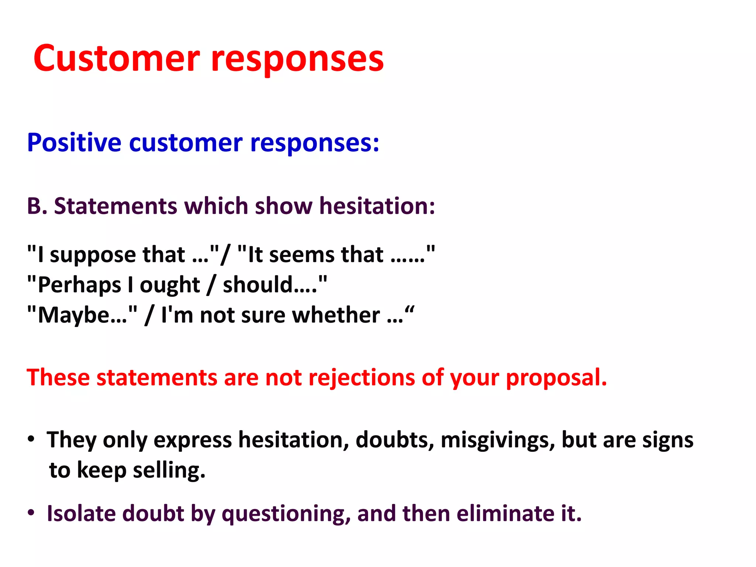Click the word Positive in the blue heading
(74, 143)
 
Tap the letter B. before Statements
(37, 206)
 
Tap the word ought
(169, 286)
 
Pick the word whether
(336, 316)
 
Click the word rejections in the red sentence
(361, 378)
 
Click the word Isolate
(81, 513)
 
